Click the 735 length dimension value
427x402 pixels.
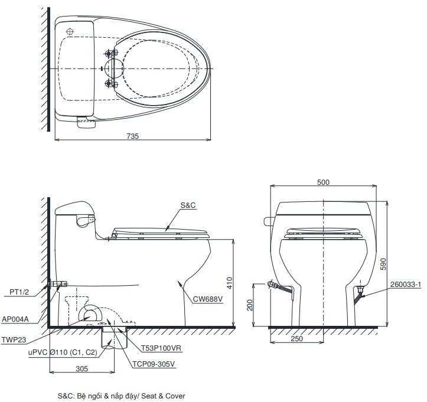point(132,135)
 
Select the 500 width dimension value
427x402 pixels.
point(323,182)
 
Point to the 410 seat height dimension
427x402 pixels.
point(239,283)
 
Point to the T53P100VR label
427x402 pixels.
point(161,349)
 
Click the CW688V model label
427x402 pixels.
point(207,299)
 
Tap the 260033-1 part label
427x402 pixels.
point(406,285)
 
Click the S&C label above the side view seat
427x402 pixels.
point(188,206)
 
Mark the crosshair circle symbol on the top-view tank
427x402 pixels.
point(70,31)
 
